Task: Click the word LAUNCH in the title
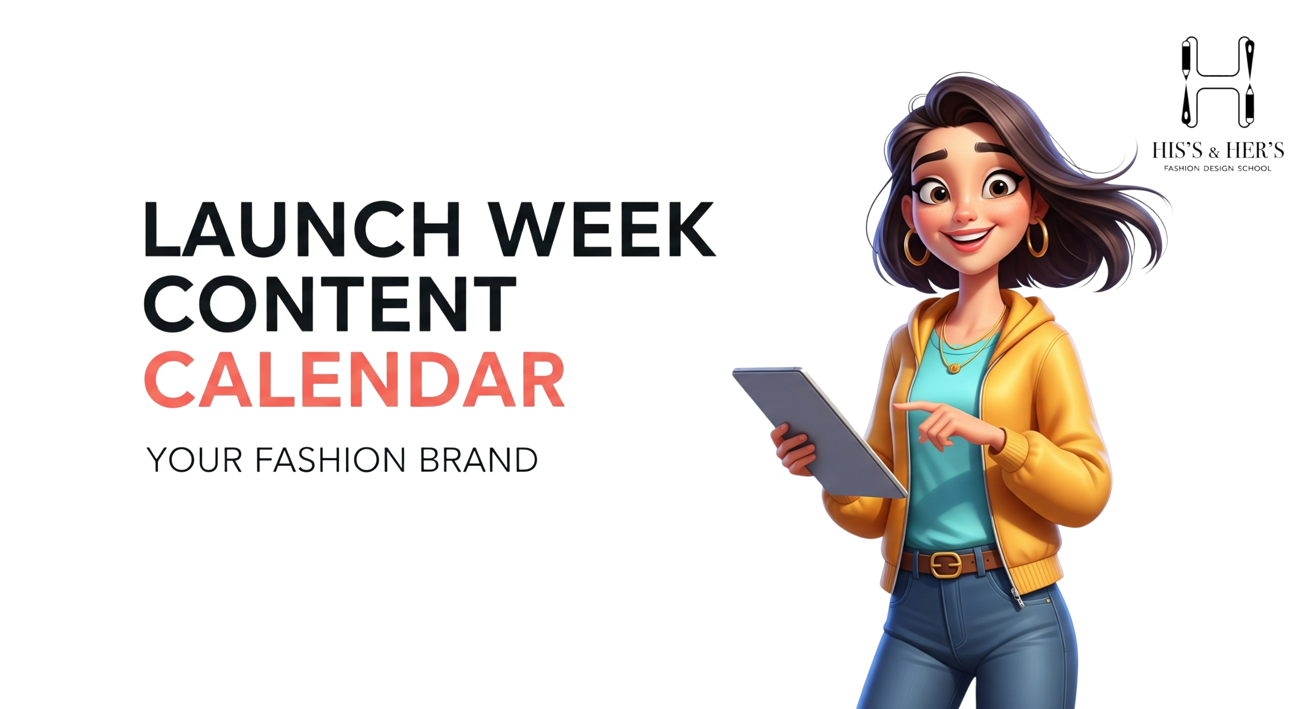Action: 302,229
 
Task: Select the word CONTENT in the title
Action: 330,304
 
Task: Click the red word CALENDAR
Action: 354,379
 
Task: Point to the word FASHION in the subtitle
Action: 330,460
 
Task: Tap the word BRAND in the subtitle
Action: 478,460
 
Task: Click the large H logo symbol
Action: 1218,82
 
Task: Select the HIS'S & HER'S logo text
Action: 1218,150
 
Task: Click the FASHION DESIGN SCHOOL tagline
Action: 1218,169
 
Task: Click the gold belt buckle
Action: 946,564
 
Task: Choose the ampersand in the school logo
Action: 1214,152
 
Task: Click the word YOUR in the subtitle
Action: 194,460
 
